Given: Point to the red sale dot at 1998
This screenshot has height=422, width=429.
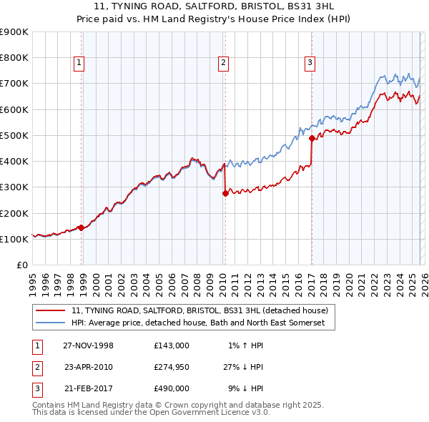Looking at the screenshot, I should point(82,228).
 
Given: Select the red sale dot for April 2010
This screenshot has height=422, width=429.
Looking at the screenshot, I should point(225,193).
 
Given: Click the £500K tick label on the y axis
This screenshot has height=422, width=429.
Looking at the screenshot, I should point(14,135).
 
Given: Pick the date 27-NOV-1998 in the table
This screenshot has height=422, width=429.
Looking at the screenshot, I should point(88,345).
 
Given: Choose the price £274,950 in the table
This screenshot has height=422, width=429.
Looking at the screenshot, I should point(171,367).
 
